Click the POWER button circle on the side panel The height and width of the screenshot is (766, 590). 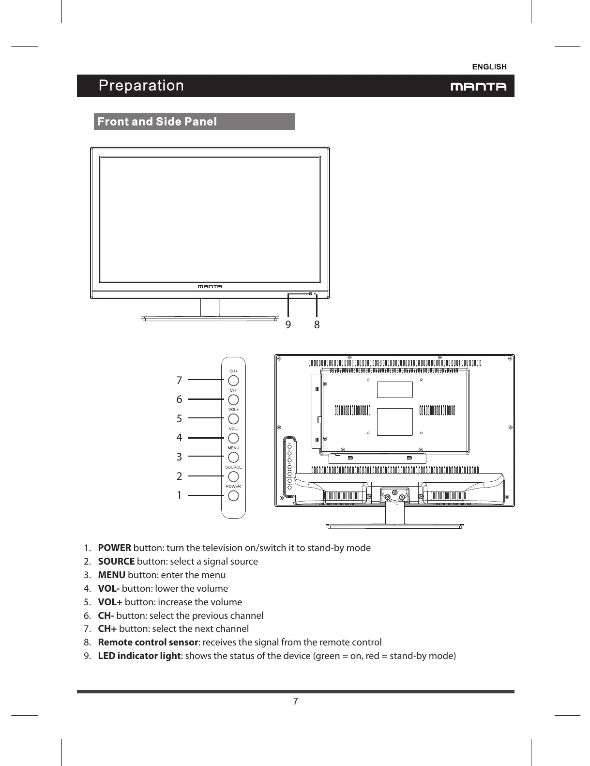[x=233, y=496]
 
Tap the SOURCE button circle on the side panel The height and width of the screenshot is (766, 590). [x=233, y=476]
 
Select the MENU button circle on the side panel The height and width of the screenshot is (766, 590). [x=233, y=457]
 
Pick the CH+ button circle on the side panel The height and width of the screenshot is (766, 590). [x=233, y=381]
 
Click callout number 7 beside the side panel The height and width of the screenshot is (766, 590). [x=179, y=381]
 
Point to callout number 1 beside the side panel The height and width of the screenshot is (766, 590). [x=179, y=495]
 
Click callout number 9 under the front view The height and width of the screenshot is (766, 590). [x=288, y=324]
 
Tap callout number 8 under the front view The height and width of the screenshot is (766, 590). [x=317, y=324]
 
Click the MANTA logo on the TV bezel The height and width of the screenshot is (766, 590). [x=210, y=286]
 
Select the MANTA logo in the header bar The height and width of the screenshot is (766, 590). [x=478, y=87]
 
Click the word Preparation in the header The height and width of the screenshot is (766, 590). [x=141, y=86]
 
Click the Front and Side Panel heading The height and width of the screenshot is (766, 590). [x=157, y=122]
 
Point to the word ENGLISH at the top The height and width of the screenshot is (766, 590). [x=489, y=67]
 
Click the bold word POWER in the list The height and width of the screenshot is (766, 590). [x=114, y=548]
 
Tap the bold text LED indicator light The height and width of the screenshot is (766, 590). [x=139, y=656]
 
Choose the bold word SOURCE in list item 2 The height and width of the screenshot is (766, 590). [x=116, y=561]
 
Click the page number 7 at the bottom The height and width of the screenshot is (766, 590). [x=295, y=702]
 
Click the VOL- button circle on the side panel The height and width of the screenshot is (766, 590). [x=233, y=438]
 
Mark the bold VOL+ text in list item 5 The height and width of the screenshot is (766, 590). [x=110, y=602]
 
